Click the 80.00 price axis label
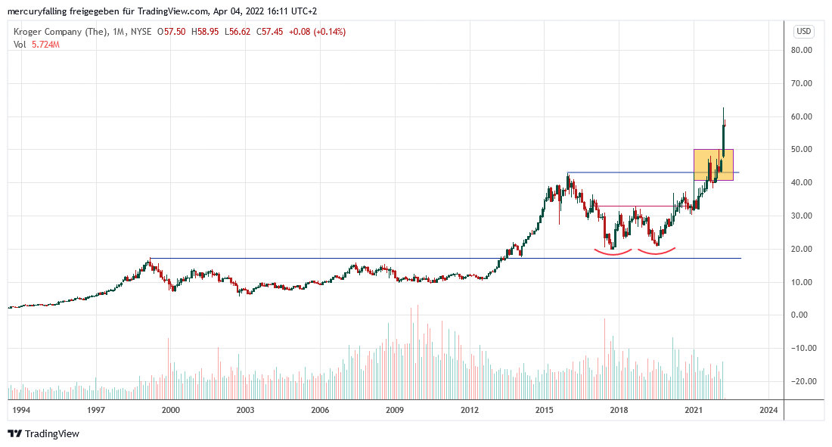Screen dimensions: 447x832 (x=802, y=50)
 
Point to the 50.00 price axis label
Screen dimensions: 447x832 (x=802, y=150)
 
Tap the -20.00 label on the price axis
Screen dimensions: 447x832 (x=801, y=381)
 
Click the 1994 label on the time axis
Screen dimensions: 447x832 (x=21, y=410)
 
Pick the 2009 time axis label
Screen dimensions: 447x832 (x=394, y=410)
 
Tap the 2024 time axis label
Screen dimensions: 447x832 (x=768, y=410)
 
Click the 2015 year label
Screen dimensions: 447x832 (x=544, y=410)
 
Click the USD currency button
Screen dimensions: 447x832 (x=803, y=32)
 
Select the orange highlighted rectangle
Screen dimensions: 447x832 (x=712, y=165)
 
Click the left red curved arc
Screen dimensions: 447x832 (x=613, y=252)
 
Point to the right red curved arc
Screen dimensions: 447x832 (x=656, y=251)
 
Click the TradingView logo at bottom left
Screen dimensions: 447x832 (x=43, y=433)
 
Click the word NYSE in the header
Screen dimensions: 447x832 (x=140, y=32)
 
